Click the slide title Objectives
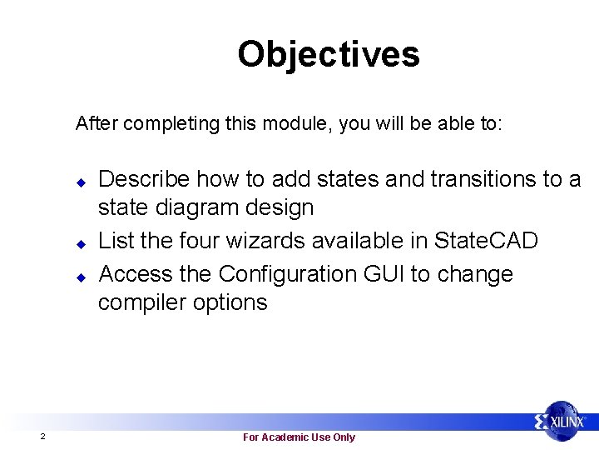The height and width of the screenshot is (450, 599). [329, 55]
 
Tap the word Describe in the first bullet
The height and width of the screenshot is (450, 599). [145, 178]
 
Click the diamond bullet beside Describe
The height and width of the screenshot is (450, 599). [82, 181]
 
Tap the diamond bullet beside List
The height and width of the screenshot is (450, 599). [82, 243]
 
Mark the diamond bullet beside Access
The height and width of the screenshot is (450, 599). [82, 275]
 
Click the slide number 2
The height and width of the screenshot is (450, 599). [42, 437]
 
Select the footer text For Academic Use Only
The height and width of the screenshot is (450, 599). [299, 437]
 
